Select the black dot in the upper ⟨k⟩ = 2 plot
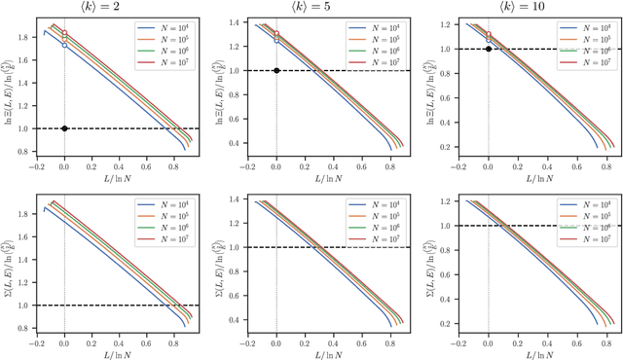(64, 128)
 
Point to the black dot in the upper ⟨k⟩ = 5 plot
(276, 70)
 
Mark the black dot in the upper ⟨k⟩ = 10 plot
(488, 49)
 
